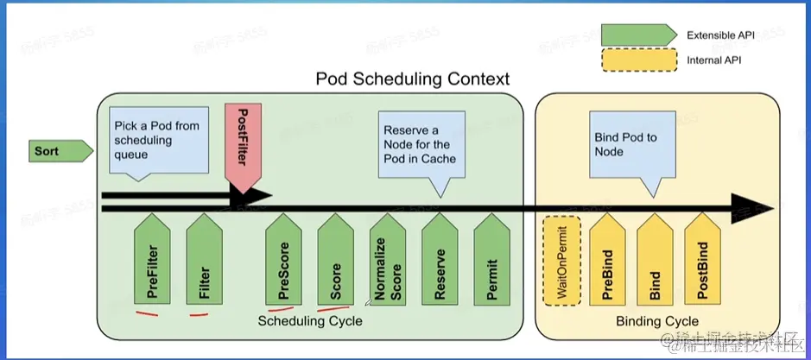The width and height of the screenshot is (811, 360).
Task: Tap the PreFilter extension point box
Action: click(x=155, y=267)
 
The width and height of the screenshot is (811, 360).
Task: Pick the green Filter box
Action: click(x=205, y=267)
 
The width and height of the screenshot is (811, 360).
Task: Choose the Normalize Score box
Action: click(x=389, y=267)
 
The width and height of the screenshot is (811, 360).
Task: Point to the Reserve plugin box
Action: click(x=440, y=267)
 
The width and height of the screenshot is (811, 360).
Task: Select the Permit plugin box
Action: click(x=491, y=267)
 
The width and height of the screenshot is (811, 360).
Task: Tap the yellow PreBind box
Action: click(x=606, y=267)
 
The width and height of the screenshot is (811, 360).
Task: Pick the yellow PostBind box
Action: click(x=702, y=267)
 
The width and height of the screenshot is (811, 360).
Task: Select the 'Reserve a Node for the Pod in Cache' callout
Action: click(x=418, y=144)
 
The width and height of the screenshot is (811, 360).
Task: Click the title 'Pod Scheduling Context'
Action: click(x=413, y=79)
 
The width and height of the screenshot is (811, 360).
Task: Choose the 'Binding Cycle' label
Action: click(x=657, y=321)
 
